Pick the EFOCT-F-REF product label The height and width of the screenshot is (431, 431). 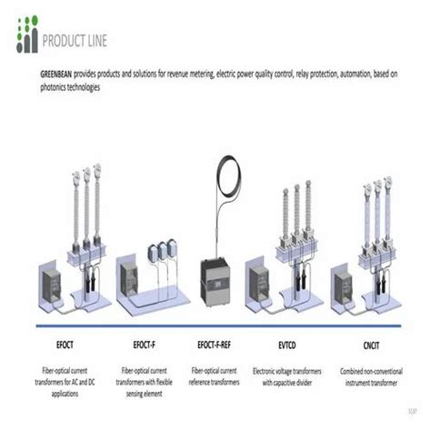[218, 346]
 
